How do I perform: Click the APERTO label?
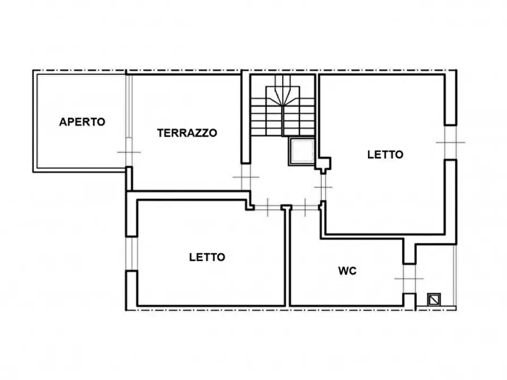pos(82,121)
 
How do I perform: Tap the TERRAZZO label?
pos(187,133)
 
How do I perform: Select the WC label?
pos(347,271)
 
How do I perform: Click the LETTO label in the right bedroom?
pos(385,154)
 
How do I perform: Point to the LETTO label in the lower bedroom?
pos(207,257)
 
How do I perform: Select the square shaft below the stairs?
pos(300,151)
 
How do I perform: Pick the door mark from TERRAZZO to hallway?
pos(245,178)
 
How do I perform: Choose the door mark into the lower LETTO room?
pos(269,207)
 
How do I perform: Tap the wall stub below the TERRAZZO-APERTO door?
pos(128,178)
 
